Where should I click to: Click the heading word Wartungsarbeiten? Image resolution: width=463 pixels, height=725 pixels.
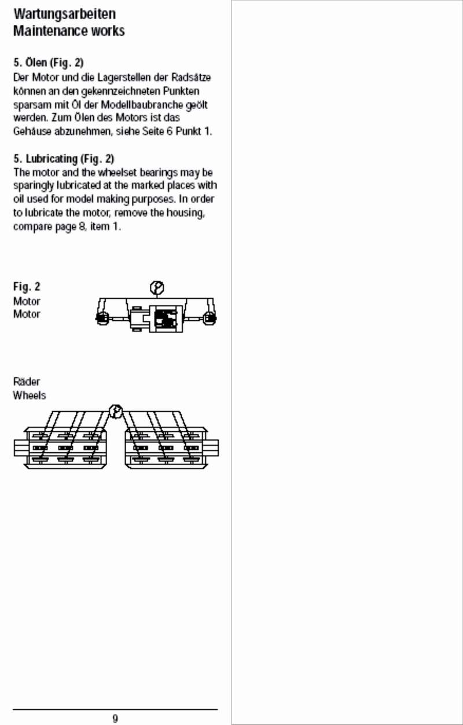click(64, 14)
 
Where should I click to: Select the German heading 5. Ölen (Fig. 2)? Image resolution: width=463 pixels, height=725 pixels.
click(49, 63)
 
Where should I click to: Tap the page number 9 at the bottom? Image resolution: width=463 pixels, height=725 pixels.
click(115, 719)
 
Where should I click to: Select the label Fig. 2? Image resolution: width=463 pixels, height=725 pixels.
click(27, 287)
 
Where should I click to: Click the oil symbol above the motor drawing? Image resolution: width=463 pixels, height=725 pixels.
click(156, 287)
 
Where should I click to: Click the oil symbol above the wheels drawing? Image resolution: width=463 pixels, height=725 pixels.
click(116, 412)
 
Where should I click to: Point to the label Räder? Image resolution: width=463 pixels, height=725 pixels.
click(27, 382)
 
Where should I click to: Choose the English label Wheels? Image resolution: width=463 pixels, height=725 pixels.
click(30, 396)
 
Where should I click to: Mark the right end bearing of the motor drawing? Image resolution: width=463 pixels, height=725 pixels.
click(210, 317)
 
